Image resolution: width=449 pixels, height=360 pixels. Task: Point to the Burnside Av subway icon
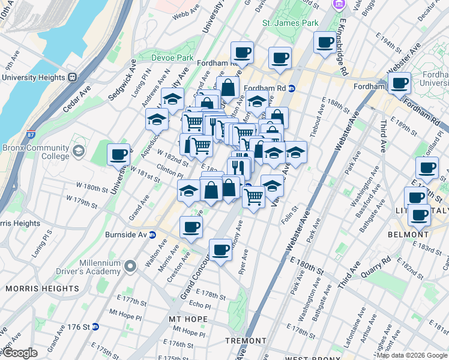[152, 235]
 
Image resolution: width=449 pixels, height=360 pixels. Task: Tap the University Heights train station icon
[72, 77]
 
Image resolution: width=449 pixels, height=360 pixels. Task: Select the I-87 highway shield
[31, 136]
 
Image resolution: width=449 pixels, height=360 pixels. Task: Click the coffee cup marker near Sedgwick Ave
[119, 155]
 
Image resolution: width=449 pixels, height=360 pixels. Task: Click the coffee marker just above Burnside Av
[191, 227]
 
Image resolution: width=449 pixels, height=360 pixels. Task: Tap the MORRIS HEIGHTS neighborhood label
[42, 289]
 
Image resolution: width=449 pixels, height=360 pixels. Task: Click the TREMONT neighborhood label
[246, 341]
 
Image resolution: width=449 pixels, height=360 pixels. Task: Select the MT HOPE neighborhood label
[188, 319]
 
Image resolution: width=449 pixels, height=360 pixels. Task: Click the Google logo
[20, 353]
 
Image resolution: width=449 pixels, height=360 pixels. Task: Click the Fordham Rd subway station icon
[292, 88]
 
